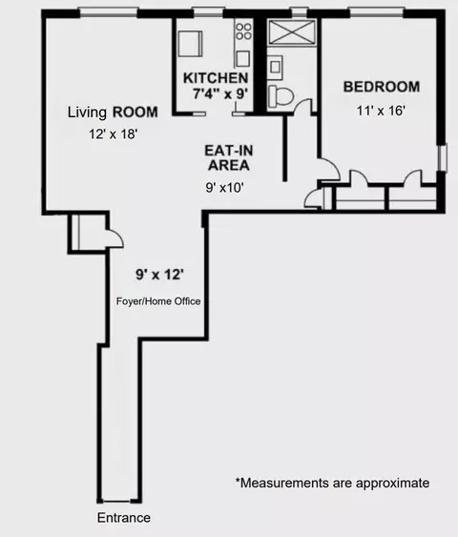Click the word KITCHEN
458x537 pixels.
pyautogui.click(x=217, y=77)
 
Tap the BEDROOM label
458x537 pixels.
pyautogui.click(x=382, y=87)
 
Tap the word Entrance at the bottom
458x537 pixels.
pyautogui.click(x=124, y=518)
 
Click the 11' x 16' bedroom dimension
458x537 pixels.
pyautogui.click(x=381, y=111)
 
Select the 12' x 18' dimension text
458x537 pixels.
pyautogui.click(x=113, y=134)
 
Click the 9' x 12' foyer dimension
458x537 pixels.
pyautogui.click(x=159, y=275)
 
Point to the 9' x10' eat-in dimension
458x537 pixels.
pyautogui.click(x=225, y=187)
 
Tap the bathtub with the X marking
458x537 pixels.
pyautogui.click(x=293, y=33)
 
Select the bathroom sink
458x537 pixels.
pyautogui.click(x=275, y=67)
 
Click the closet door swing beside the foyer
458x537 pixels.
pyautogui.click(x=113, y=238)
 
